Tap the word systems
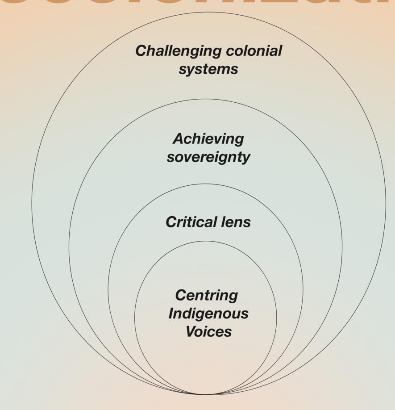(208, 69)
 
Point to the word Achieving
(208, 139)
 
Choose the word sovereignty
(208, 157)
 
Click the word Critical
(187, 222)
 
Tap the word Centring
(207, 295)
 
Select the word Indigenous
(208, 314)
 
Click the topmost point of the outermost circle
(208, 12)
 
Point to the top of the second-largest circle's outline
(205, 99)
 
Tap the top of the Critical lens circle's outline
(205, 184)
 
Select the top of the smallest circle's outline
(206, 241)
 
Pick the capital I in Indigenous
(171, 313)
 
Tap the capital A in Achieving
(178, 139)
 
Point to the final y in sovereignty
(246, 159)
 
